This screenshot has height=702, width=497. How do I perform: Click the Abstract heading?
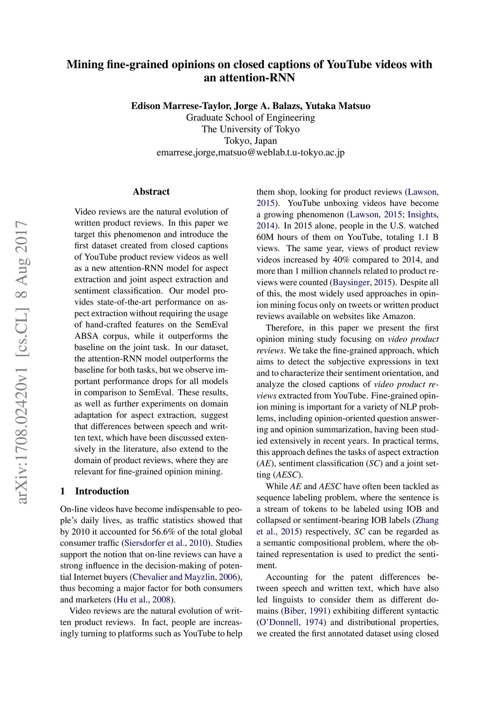pos(151,191)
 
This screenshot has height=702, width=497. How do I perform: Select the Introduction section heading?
pos(102,491)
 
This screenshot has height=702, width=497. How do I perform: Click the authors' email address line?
pos(250,152)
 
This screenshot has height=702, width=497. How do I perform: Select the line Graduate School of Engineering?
pos(250,117)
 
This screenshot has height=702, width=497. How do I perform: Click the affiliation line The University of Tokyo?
pos(250,129)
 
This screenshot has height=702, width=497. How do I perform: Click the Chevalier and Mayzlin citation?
pos(173,577)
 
